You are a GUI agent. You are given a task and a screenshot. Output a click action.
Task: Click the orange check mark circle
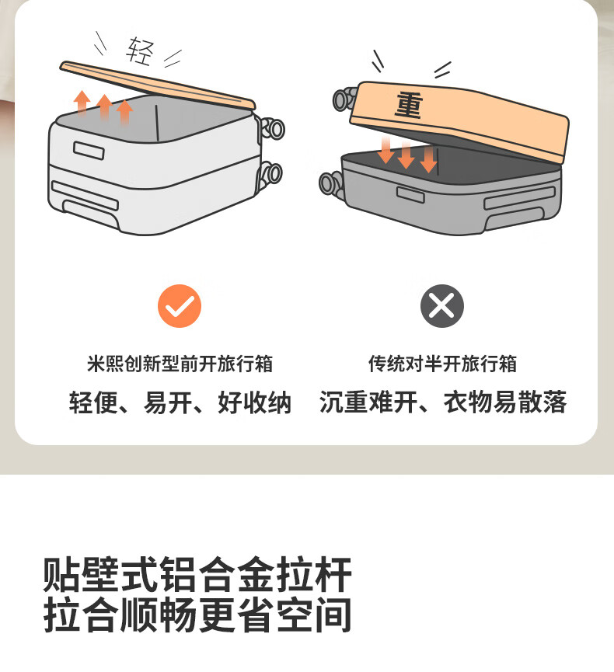[180, 306]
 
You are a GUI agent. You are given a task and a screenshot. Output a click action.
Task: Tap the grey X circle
[442, 306]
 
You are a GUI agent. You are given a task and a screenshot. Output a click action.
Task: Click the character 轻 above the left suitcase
[140, 51]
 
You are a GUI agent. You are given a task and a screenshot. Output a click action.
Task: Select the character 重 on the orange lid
[409, 104]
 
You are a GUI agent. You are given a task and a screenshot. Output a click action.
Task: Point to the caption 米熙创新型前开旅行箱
[180, 364]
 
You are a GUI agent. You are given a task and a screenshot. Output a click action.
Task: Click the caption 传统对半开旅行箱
[442, 364]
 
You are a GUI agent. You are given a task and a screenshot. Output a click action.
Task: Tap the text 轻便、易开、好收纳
[180, 402]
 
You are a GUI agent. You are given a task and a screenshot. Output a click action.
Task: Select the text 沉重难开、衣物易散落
[443, 402]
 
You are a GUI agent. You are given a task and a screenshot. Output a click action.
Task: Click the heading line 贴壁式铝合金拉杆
[197, 574]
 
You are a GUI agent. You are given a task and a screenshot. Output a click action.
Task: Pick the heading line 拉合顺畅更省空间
[197, 615]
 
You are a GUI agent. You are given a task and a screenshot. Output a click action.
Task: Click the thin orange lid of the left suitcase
[157, 85]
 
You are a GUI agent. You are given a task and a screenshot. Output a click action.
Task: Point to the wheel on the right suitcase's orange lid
[344, 99]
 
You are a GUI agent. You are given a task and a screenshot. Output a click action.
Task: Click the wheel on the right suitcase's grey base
[331, 183]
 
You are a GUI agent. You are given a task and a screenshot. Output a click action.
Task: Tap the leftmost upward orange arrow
[82, 103]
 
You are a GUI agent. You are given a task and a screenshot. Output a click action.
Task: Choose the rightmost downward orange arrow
[429, 159]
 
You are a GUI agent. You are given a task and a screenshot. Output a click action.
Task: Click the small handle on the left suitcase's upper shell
[89, 151]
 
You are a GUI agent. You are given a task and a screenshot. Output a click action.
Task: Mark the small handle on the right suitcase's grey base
[410, 194]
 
